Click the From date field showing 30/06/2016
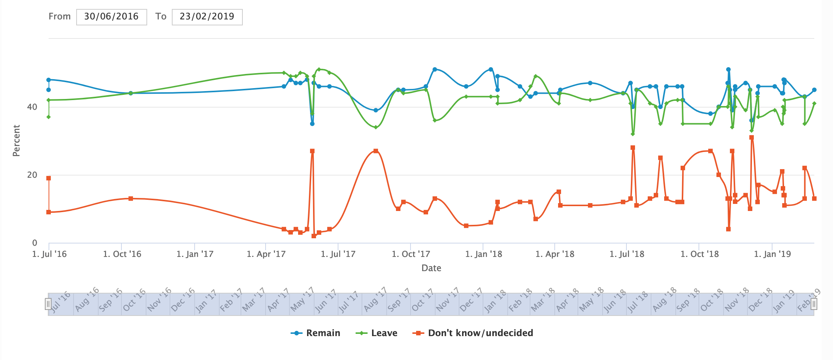111,17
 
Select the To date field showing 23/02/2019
207,17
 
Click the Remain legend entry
316,333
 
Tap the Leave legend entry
377,333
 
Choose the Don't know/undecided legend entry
473,333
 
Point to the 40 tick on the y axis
32,107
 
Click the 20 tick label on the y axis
32,175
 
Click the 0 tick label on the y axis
35,243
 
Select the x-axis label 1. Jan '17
195,254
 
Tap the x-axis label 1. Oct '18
699,254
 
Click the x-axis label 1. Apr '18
555,254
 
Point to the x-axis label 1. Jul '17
338,254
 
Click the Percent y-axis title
16,140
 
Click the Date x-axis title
431,268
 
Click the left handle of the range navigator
48,304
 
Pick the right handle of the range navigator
814,304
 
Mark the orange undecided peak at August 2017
376,151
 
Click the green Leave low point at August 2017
376,127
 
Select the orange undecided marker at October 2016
131,199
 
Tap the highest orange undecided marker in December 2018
752,137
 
